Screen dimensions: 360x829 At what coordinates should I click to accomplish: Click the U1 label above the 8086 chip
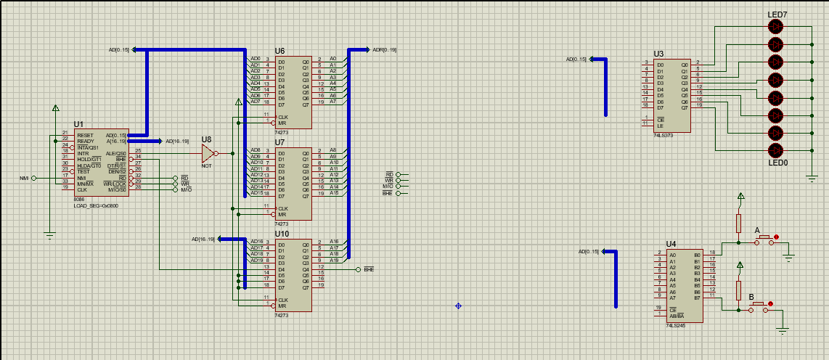click(x=78, y=125)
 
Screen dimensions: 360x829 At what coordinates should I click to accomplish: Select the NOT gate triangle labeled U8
click(x=208, y=153)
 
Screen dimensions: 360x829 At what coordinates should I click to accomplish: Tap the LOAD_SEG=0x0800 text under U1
click(x=96, y=205)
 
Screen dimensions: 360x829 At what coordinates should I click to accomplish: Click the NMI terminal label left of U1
click(x=24, y=178)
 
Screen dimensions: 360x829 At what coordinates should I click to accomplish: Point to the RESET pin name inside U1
click(x=85, y=135)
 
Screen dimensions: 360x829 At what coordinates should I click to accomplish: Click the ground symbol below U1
click(x=49, y=234)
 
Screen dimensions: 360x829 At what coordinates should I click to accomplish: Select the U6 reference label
click(x=280, y=52)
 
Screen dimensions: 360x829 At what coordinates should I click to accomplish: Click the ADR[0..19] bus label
click(x=384, y=50)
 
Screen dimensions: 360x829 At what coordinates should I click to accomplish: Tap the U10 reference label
click(x=282, y=234)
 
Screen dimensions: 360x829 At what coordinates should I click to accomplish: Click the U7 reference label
click(x=280, y=142)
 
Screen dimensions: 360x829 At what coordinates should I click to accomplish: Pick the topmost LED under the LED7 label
click(x=776, y=27)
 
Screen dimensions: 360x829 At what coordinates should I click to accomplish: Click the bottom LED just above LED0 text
click(x=776, y=150)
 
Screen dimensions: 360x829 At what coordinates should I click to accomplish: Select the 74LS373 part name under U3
click(x=663, y=136)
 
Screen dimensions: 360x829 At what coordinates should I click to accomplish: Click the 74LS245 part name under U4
click(x=676, y=325)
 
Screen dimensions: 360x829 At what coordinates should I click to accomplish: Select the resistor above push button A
click(x=739, y=223)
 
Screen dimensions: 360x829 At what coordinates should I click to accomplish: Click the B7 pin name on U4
click(x=697, y=298)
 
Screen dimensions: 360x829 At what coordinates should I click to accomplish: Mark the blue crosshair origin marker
click(x=458, y=306)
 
